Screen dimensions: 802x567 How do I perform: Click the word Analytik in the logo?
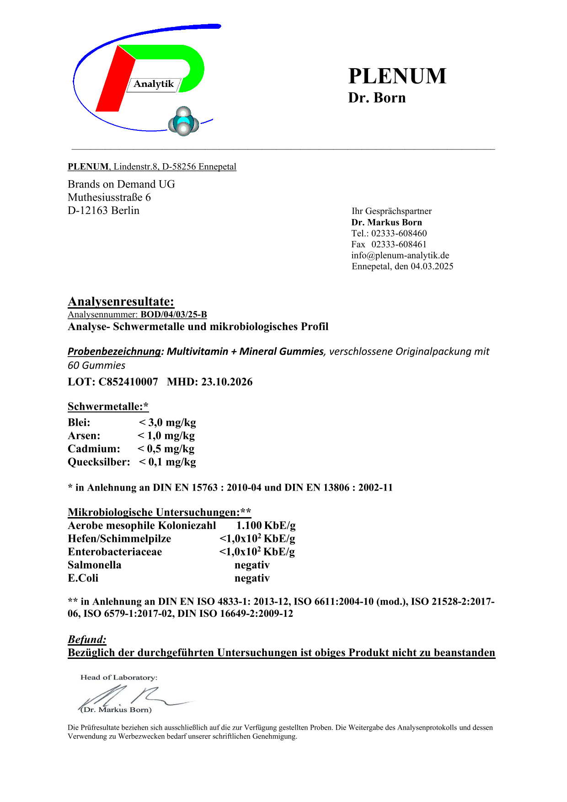point(154,84)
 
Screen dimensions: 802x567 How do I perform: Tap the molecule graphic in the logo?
point(183,122)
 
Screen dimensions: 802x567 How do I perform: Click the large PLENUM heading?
point(397,76)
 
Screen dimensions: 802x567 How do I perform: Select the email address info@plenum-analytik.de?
point(400,255)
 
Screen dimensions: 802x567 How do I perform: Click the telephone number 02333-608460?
point(399,233)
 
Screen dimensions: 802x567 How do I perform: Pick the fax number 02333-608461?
point(399,244)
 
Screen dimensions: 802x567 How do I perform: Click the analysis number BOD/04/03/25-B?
point(174,315)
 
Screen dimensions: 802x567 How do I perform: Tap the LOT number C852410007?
point(128,382)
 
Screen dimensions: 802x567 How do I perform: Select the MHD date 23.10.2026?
point(227,382)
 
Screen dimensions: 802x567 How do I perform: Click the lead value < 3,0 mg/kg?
point(167,422)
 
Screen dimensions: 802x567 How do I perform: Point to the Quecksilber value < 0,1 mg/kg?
point(167,462)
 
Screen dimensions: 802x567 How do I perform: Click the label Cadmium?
point(94,449)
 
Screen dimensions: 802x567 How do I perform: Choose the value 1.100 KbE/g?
point(266,525)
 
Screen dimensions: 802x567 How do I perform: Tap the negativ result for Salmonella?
point(252,565)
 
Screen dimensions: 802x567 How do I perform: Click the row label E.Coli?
point(83,578)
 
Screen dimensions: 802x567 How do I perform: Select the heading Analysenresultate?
point(121,302)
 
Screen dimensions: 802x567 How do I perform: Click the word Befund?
point(87,639)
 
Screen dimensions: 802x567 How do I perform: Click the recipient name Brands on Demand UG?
point(121,184)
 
